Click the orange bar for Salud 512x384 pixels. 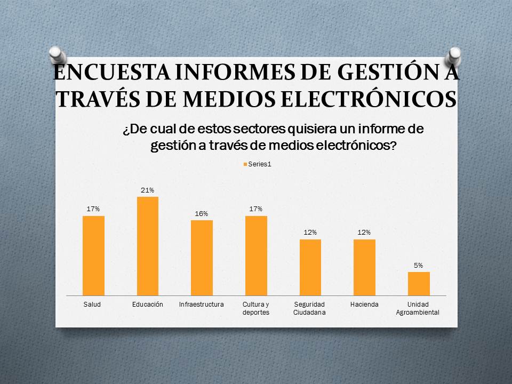pos(93,255)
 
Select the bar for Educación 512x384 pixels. pos(148,246)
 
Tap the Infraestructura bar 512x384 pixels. pos(202,258)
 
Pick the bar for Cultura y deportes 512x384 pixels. pos(256,255)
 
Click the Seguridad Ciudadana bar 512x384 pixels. pos(310,267)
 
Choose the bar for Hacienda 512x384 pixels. pos(364,267)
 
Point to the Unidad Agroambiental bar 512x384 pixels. pos(419,283)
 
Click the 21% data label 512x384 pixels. pos(148,190)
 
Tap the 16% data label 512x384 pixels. pos(202,214)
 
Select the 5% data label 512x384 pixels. pos(419,265)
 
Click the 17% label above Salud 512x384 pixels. pos(93,209)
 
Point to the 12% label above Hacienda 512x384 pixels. pos(364,233)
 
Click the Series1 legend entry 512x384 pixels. pos(258,164)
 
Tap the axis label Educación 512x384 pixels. pos(147,304)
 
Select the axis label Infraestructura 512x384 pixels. pos(202,304)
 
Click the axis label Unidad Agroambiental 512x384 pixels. pos(418,308)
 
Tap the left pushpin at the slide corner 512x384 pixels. pos(57,54)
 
